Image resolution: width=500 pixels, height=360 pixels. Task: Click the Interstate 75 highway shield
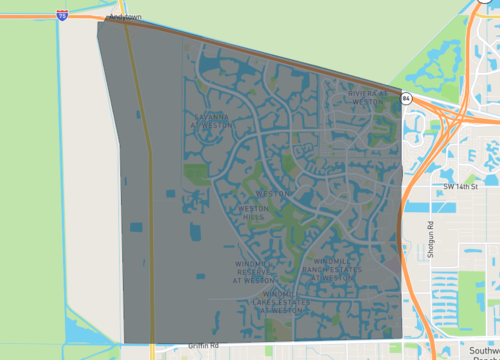[62, 15]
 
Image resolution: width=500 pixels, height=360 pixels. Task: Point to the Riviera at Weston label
[368, 97]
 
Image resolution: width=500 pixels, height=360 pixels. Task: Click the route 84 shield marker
[405, 98]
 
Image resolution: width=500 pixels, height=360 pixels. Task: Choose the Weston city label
[272, 192]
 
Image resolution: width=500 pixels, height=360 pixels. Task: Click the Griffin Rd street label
[203, 345]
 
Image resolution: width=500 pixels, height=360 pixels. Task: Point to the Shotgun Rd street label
[430, 240]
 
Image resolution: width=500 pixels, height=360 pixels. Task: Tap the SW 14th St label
[461, 186]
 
